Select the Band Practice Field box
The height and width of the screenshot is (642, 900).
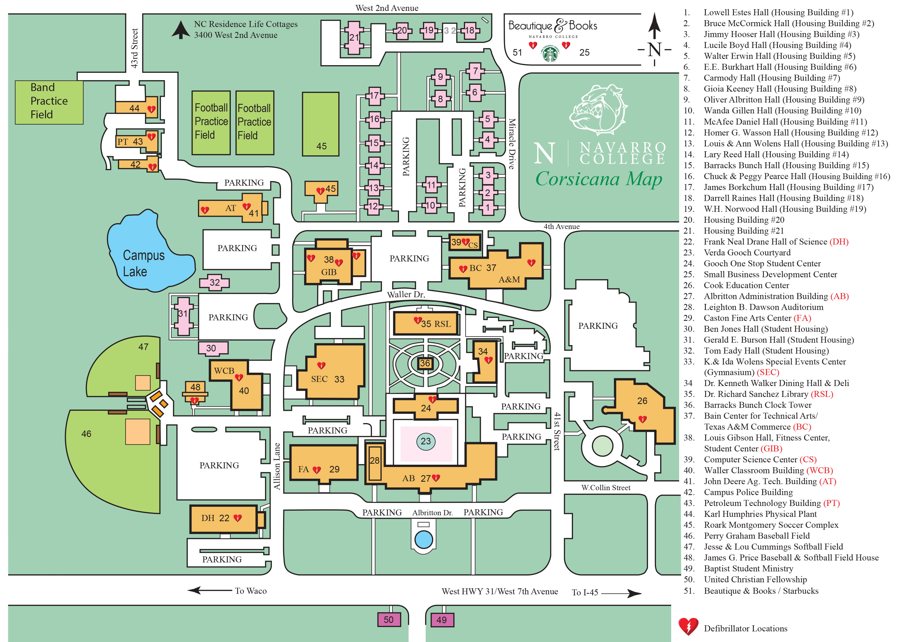[x=49, y=103]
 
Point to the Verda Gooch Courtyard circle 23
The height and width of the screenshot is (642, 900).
[x=425, y=441]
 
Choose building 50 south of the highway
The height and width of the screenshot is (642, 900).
[x=389, y=619]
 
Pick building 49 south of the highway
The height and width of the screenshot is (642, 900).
[x=442, y=619]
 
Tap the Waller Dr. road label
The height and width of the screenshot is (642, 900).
[x=406, y=294]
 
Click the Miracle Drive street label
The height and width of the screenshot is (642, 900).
[x=512, y=144]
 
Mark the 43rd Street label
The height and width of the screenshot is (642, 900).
[x=134, y=48]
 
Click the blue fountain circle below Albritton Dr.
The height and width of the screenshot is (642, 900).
[x=424, y=539]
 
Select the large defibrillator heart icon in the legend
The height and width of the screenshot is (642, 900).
[x=688, y=626]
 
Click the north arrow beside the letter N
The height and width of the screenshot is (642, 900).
[x=655, y=26]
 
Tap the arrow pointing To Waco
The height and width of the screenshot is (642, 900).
[x=209, y=590]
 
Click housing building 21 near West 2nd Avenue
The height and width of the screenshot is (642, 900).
[x=354, y=38]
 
